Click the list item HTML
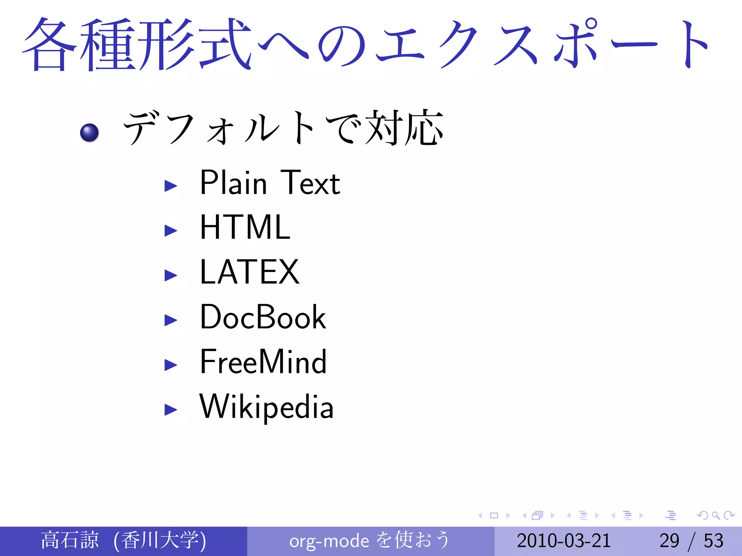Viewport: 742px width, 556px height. [x=245, y=227]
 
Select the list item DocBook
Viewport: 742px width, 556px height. [x=263, y=317]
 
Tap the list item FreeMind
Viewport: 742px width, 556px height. [x=263, y=362]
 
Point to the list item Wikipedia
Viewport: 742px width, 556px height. [x=266, y=407]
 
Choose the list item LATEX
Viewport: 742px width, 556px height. [x=250, y=272]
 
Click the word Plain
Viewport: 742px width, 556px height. [x=234, y=183]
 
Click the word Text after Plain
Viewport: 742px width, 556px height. [x=310, y=183]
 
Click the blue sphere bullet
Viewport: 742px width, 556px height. [x=89, y=133]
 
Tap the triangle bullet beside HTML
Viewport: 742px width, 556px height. [x=171, y=230]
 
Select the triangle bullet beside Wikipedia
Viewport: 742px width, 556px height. [x=171, y=410]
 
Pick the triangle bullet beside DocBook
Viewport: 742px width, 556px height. [x=171, y=320]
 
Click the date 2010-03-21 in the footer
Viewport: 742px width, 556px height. [x=564, y=541]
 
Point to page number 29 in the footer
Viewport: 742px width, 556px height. [x=669, y=541]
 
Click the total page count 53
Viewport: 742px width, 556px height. [x=713, y=541]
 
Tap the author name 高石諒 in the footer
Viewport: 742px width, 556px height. [x=70, y=540]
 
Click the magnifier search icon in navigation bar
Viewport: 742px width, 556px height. [x=716, y=515]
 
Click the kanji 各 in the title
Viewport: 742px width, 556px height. [x=50, y=44]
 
